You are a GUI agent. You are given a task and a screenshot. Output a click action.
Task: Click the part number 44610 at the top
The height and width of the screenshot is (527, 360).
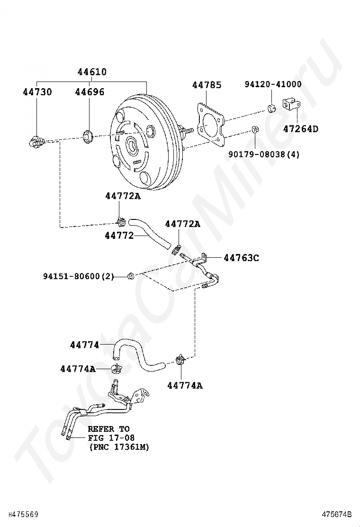pyautogui.click(x=92, y=72)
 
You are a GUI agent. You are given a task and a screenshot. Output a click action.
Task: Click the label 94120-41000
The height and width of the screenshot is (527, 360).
pyautogui.click(x=273, y=84)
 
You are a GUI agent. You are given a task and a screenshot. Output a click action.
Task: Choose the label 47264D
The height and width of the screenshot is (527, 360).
pyautogui.click(x=301, y=128)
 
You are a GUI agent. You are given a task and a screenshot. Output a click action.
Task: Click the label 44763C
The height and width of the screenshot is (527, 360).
pyautogui.click(x=241, y=258)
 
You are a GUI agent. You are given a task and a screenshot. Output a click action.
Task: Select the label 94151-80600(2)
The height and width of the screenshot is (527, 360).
pyautogui.click(x=79, y=276)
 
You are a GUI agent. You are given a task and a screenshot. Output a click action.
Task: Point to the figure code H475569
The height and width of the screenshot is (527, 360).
pyautogui.click(x=22, y=514)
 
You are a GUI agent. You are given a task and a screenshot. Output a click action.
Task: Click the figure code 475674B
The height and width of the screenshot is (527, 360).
pyautogui.click(x=337, y=514)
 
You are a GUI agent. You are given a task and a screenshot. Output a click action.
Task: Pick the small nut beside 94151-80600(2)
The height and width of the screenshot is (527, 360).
pyautogui.click(x=131, y=276)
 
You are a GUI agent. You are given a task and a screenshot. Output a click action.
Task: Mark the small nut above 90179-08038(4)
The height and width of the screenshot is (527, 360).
pyautogui.click(x=254, y=129)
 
